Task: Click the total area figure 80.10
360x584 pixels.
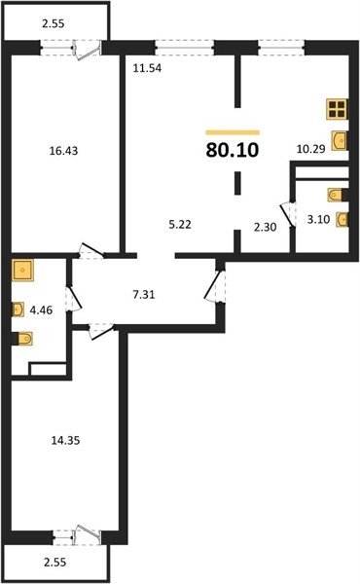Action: point(233,150)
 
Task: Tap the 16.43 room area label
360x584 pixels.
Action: point(63,151)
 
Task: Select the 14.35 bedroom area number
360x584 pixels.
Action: point(65,441)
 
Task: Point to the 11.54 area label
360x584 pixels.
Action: point(148,68)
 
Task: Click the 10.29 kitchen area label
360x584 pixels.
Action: point(310,149)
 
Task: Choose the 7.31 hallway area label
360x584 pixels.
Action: point(144,295)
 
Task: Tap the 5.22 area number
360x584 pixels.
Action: point(180,225)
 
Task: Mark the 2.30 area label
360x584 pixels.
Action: point(265,227)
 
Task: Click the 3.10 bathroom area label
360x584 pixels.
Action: point(319,219)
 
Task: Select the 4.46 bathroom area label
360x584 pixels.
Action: point(41,310)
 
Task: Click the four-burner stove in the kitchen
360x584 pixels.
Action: point(337,109)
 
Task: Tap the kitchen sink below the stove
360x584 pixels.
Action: point(340,141)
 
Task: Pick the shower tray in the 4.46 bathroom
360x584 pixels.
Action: point(22,271)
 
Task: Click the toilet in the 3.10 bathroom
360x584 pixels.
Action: point(338,195)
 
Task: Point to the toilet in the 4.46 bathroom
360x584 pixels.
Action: point(22,339)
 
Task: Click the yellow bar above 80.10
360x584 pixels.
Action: point(233,132)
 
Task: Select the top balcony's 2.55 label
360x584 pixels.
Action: point(54,23)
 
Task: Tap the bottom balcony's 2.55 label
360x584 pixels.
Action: point(55,562)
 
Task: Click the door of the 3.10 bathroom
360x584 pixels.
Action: point(288,215)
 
